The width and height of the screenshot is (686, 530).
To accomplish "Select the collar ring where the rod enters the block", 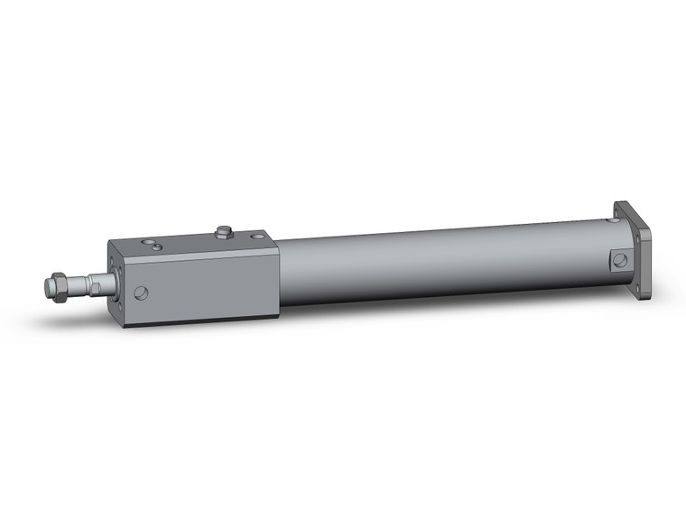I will tap(107, 282).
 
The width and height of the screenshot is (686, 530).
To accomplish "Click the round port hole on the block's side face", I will tap(141, 293).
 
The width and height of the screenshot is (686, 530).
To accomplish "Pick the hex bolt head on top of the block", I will tap(224, 232).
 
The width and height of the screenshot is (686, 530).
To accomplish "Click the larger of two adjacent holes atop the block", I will tap(157, 246).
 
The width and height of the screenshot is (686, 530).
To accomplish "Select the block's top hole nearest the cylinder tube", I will tap(258, 237).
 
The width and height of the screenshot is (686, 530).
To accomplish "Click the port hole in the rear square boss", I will tap(619, 261).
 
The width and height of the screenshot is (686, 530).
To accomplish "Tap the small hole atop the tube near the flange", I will tap(614, 219).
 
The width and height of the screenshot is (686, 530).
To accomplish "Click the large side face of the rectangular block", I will tap(208, 284).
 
